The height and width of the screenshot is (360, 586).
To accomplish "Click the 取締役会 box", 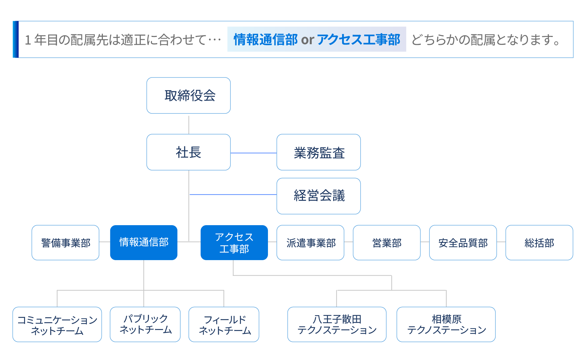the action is coord(189,96).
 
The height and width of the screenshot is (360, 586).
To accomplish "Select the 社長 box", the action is coord(189,152).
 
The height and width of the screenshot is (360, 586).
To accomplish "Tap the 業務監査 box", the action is coord(319,152).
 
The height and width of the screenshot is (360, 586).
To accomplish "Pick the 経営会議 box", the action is coord(319,196).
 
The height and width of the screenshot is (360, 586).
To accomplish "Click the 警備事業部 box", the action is coord(66,243).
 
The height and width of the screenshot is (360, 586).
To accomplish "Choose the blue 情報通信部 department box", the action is coord(144,243).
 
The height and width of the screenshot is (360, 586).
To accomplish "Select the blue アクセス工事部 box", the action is coord(234,243).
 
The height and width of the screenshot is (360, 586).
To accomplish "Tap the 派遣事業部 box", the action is coord(310,243).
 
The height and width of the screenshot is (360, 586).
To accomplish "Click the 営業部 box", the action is coord(387,243).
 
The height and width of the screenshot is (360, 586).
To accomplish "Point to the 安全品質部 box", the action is coord(463,243).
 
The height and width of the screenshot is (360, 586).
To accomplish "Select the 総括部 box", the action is coord(539,243).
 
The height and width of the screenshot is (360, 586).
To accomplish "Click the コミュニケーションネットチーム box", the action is coord(57,324).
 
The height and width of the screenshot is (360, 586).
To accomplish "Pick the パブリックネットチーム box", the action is coord(145,324).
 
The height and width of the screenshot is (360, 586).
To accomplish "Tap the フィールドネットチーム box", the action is coord(224,324).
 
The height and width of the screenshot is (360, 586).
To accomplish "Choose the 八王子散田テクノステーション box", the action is coord(337,324).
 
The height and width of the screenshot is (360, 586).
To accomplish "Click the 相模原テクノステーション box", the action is coord(446,324).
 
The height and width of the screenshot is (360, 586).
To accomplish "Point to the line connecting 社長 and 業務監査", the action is coord(253,153).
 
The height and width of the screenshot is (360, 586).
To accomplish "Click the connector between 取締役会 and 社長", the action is coord(189,125).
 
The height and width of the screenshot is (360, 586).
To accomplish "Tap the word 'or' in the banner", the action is coord(308,40).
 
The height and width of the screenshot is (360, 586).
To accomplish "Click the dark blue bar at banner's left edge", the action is coord(15,39).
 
